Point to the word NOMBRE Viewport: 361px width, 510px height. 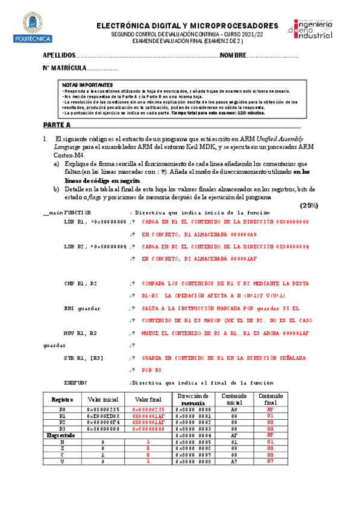pos(233,55)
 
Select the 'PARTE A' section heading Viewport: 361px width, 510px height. pos(57,124)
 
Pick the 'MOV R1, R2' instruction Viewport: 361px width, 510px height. pos(81,333)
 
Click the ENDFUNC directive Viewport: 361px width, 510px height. pos(76,382)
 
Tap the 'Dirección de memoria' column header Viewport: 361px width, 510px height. pos(193,399)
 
